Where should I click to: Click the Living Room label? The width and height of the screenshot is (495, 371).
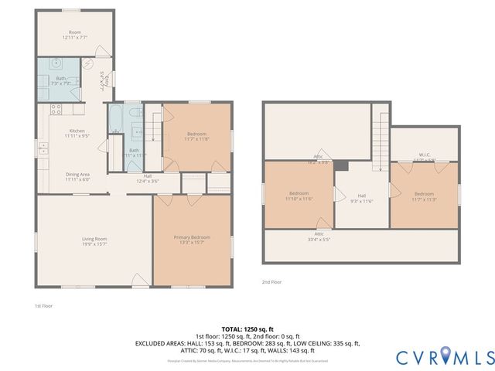[x=94, y=240]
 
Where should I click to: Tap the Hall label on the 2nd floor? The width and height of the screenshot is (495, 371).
[x=361, y=198]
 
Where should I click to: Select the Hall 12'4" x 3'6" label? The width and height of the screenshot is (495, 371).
[x=148, y=179]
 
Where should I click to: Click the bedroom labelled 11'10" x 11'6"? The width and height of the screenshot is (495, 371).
[x=299, y=196]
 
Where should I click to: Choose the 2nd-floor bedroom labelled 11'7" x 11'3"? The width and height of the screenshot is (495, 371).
[x=424, y=196]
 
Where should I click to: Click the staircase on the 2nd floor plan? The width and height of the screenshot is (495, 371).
[x=381, y=139]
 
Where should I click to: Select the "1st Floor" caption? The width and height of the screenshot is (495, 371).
[x=43, y=306]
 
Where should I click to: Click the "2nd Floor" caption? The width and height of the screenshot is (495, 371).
[x=271, y=282]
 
